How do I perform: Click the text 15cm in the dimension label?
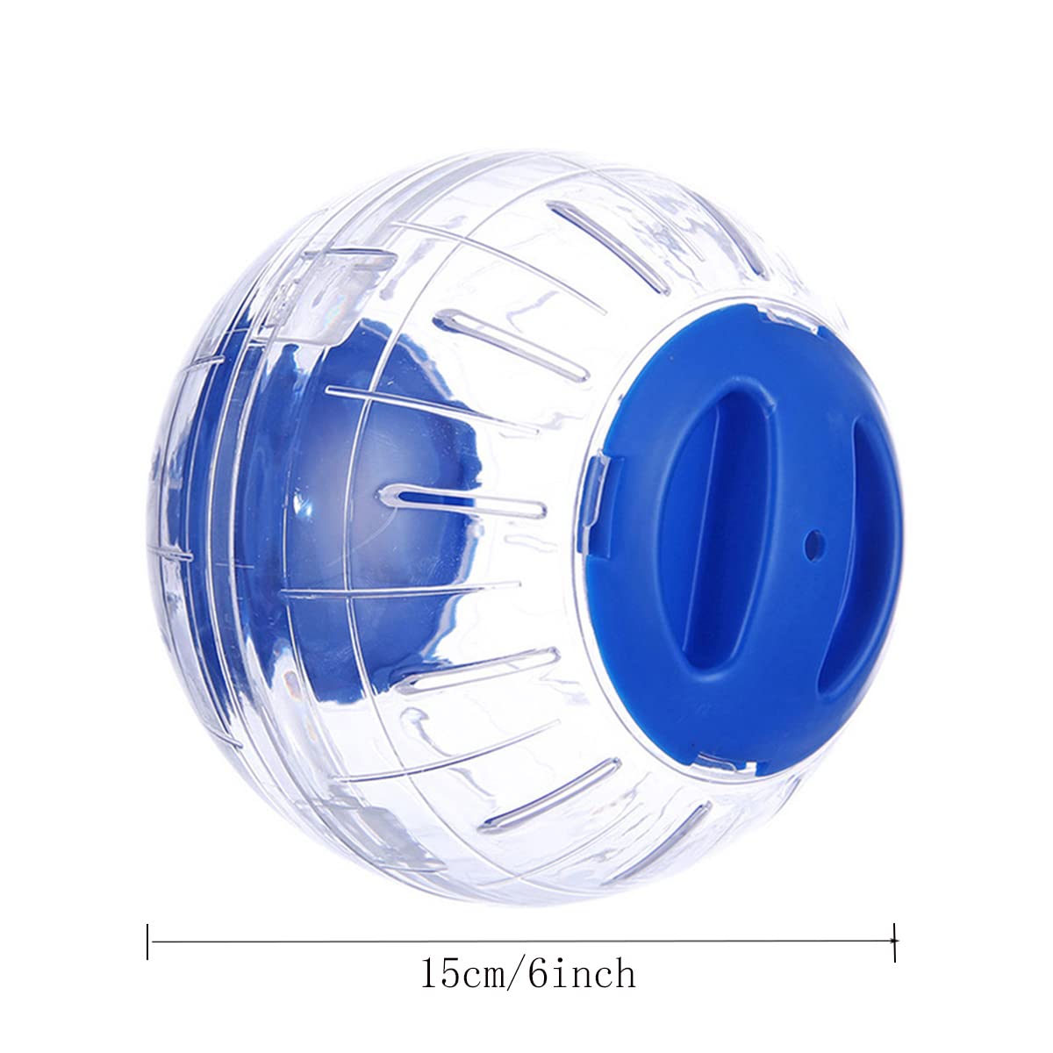coord(463,975)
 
